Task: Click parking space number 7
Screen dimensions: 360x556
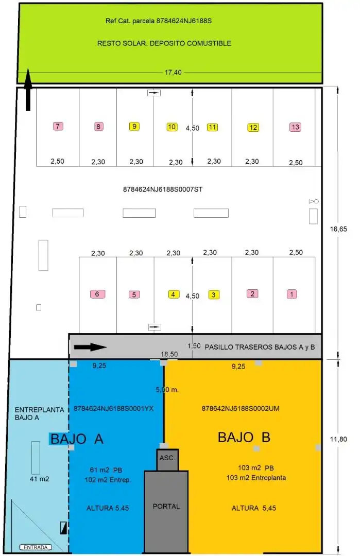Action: [x=58, y=126]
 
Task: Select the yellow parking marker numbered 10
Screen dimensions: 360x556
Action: [x=172, y=127]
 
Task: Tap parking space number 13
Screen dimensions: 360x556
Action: [x=296, y=127]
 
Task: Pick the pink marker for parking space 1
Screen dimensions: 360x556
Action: [x=292, y=294]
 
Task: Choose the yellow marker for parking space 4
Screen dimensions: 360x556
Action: [x=174, y=294]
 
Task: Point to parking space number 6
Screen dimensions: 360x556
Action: [x=97, y=294]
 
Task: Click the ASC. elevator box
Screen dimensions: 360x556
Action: [x=167, y=460]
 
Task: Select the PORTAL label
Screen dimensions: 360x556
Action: [x=166, y=507]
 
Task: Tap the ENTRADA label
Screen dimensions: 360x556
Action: [x=36, y=547]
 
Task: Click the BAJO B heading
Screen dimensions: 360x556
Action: [x=244, y=437]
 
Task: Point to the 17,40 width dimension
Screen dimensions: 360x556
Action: [x=173, y=73]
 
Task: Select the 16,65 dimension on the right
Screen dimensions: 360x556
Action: [x=338, y=229]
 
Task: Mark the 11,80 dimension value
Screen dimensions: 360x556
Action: [x=338, y=439]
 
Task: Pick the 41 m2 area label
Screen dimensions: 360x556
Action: [x=39, y=479]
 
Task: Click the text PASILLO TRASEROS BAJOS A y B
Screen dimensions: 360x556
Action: [x=260, y=347]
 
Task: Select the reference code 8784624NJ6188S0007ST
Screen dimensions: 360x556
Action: [x=163, y=189]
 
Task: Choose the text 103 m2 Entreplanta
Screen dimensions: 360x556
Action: [x=256, y=478]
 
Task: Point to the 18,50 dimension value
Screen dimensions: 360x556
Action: [x=169, y=354]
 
